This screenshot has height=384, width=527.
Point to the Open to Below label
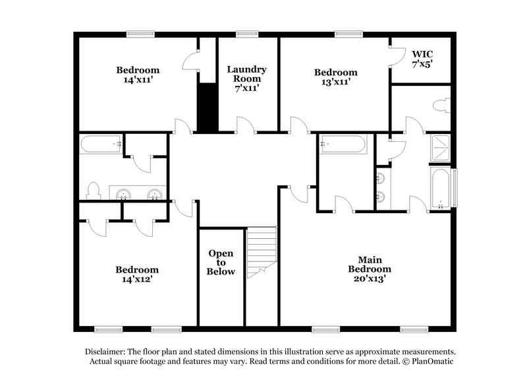pyautogui.click(x=221, y=262)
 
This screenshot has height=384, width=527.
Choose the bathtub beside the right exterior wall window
pyautogui.click(x=440, y=187)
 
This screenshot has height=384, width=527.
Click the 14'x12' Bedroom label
pyautogui.click(x=137, y=274)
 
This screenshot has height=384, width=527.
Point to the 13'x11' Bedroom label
pyautogui.click(x=335, y=77)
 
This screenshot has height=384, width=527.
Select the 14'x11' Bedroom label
pyautogui.click(x=138, y=75)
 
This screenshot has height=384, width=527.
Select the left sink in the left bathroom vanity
pyautogui.click(x=123, y=194)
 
